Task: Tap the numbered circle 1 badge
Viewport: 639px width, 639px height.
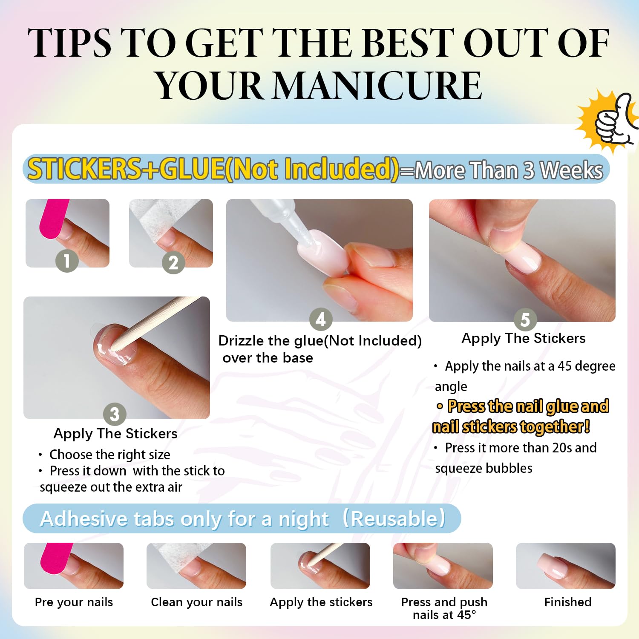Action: (x=67, y=261)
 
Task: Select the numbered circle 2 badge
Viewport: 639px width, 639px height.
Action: (x=173, y=263)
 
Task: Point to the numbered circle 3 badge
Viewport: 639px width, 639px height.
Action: (x=115, y=414)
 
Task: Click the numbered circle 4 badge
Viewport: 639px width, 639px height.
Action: (x=321, y=319)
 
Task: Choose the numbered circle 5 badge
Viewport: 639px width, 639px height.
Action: (x=525, y=319)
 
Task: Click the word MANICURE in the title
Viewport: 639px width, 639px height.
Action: (x=377, y=86)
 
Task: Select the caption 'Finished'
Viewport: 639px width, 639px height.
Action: (x=567, y=602)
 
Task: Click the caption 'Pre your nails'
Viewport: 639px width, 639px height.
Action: (x=74, y=602)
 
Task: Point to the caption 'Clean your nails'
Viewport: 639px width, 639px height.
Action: (x=196, y=602)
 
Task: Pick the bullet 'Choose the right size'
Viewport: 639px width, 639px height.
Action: (x=109, y=455)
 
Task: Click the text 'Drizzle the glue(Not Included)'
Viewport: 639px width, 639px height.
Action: (x=319, y=341)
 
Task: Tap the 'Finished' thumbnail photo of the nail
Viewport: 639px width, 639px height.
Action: (x=565, y=566)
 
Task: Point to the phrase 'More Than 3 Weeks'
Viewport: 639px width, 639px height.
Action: (x=509, y=170)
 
